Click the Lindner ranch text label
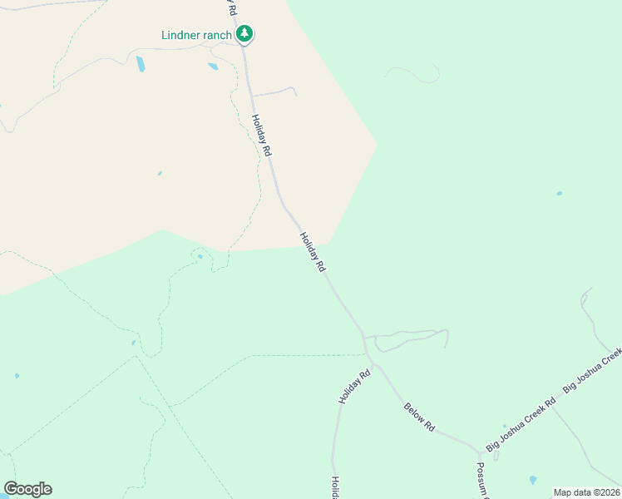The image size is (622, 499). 196,35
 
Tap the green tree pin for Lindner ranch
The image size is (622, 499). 244,34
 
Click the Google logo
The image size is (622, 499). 27,489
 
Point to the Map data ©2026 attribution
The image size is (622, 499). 586,492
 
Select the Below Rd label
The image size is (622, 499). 419,416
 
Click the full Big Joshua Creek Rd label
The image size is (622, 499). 521,424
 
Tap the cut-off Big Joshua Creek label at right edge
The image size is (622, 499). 592,371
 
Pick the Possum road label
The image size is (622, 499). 481,480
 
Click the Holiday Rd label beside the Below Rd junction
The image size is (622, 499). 353,388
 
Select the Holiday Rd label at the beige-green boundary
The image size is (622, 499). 312,252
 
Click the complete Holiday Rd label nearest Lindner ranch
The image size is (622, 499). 262,136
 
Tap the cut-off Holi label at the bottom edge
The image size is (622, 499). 335,487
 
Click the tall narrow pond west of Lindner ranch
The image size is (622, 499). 141,64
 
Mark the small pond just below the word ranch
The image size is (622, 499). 213,67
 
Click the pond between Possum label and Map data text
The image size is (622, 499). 532,481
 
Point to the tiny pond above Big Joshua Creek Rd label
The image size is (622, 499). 504,426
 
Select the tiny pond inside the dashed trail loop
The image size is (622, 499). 200,256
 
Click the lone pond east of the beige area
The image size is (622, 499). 559,194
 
